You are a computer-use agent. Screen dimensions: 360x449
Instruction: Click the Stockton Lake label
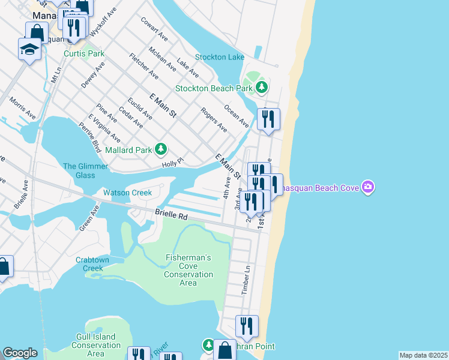coord(219,57)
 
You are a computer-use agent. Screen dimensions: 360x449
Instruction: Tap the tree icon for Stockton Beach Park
coord(261,88)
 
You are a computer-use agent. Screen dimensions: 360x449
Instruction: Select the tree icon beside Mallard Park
coord(160,149)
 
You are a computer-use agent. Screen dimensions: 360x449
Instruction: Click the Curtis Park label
coord(84,53)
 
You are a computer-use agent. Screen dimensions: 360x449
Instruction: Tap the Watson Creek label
coord(127,193)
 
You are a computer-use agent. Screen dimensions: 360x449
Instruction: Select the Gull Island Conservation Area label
coord(96,345)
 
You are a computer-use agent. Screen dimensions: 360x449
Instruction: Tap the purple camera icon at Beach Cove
coord(368,188)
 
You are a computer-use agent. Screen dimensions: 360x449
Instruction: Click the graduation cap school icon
coord(29,49)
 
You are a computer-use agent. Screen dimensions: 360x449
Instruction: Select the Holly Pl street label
coord(172,163)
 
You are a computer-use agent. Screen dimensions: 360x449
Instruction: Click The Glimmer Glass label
coord(86,170)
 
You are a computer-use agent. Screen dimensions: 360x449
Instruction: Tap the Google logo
coord(20,353)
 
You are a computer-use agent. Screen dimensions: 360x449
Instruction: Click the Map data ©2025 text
coord(423,355)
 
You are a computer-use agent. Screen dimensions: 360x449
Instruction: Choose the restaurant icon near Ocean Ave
coord(268,119)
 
